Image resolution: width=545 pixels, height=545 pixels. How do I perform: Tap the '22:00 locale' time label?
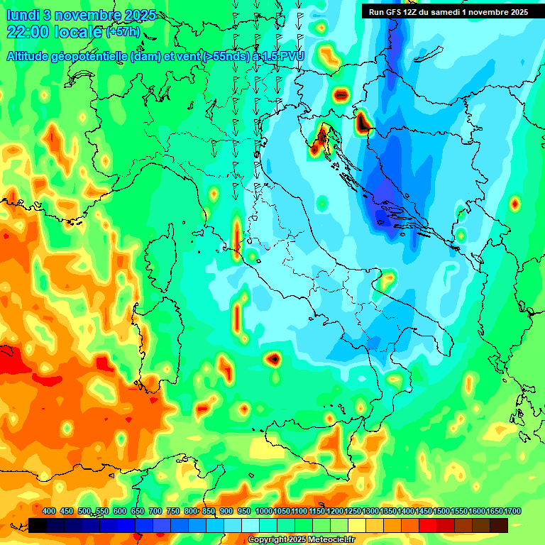(54, 32)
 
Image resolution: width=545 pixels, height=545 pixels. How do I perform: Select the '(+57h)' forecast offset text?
(123, 32)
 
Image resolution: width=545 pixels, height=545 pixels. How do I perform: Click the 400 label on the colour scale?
(49, 512)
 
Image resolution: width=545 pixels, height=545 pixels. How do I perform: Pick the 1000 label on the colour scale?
(264, 512)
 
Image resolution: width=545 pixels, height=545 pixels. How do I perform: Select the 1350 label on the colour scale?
(387, 512)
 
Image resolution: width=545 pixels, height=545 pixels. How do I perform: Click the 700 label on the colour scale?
(155, 512)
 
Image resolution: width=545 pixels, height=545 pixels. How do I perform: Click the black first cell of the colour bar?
(38, 525)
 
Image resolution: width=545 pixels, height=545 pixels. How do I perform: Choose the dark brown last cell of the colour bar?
(499, 525)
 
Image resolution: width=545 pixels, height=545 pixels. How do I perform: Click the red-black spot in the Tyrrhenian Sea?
(274, 359)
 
